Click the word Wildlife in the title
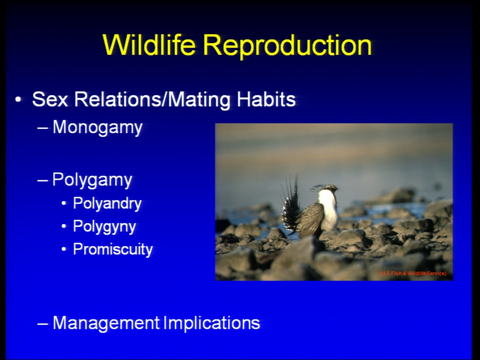click(x=149, y=44)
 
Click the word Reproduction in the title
click(x=287, y=46)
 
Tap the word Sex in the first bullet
click(x=50, y=99)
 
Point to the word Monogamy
click(x=97, y=127)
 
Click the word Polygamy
click(x=92, y=179)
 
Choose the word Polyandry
click(x=107, y=203)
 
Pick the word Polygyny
click(x=104, y=227)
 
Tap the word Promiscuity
click(x=112, y=249)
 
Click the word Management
click(x=106, y=323)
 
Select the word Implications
click(x=211, y=323)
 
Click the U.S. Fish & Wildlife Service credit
click(x=412, y=273)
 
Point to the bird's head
click(x=330, y=187)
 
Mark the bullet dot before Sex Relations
click(x=18, y=100)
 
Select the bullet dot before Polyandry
click(x=63, y=204)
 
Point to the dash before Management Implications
click(x=42, y=324)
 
